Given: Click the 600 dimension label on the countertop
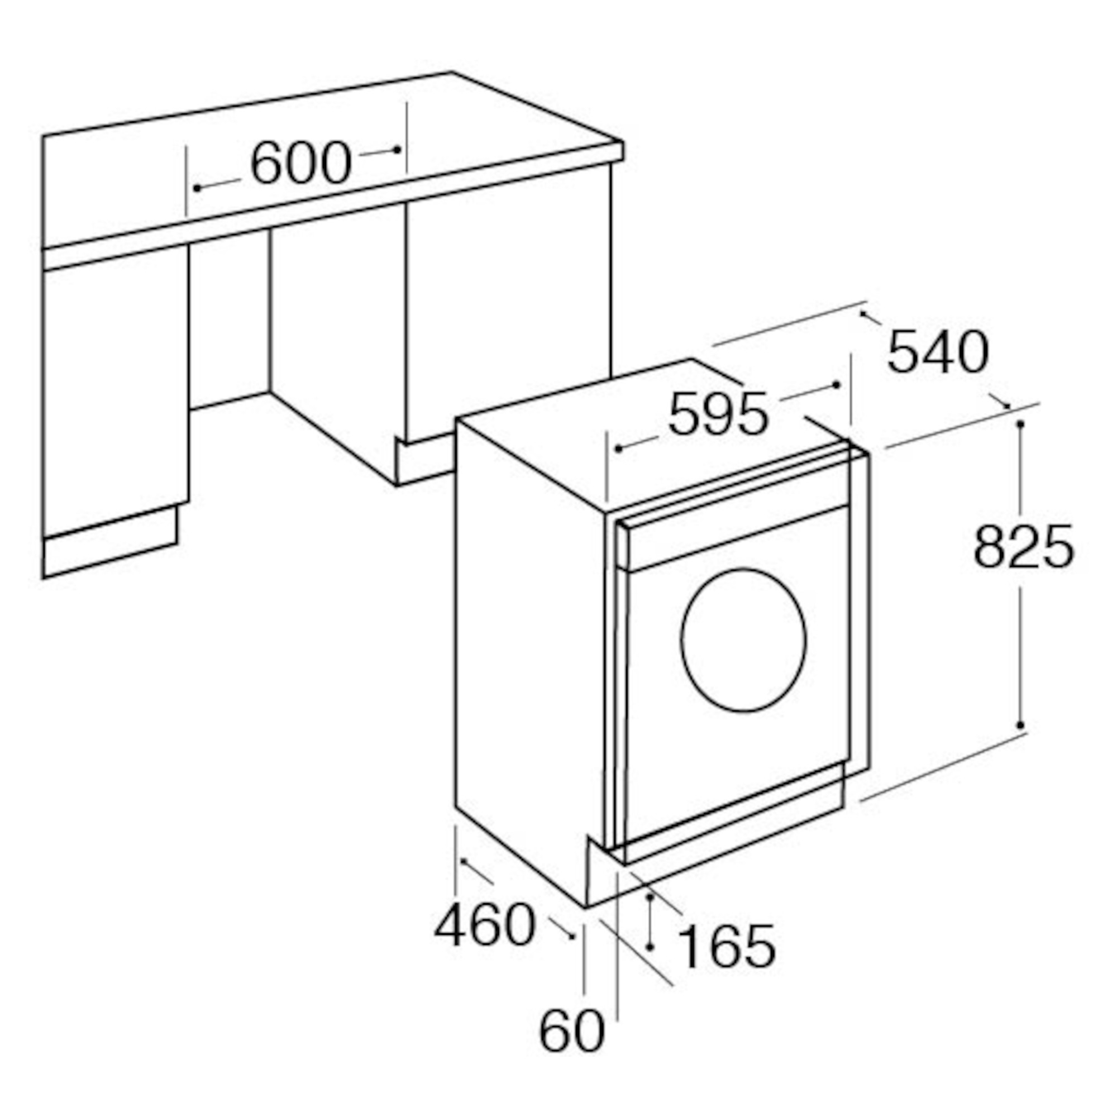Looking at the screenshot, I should [300, 163].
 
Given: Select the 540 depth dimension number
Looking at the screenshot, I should [938, 352].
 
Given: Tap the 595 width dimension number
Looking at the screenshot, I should [718, 414].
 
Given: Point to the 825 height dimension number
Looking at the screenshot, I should [1023, 547].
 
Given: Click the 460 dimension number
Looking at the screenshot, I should [484, 925].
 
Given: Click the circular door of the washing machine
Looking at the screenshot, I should [743, 639].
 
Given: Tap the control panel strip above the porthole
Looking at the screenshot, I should [734, 538].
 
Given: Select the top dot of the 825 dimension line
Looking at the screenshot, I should [1020, 424].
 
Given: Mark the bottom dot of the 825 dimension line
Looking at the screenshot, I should [1020, 725].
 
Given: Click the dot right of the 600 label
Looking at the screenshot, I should [397, 149].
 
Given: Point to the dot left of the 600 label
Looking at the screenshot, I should [197, 188].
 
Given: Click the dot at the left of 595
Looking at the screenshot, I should [618, 448].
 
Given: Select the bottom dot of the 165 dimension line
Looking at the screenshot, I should [650, 947].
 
